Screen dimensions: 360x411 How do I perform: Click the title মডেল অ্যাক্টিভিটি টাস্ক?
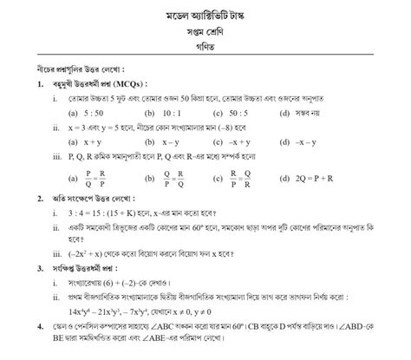205,18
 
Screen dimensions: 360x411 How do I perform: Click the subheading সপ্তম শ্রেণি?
205,36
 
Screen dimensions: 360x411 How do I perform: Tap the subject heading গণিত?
205,54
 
